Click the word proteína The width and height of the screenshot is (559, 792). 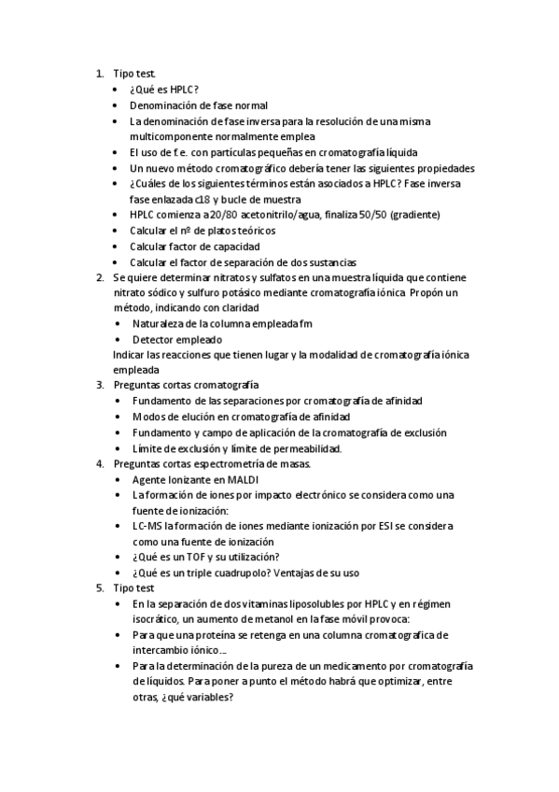pos(226,635)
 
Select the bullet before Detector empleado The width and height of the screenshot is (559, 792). pos(116,340)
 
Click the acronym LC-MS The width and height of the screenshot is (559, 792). pos(148,526)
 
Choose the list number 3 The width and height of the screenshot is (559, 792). pos(100,385)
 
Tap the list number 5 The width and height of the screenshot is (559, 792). pos(100,588)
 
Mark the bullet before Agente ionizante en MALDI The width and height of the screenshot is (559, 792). pos(116,479)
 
